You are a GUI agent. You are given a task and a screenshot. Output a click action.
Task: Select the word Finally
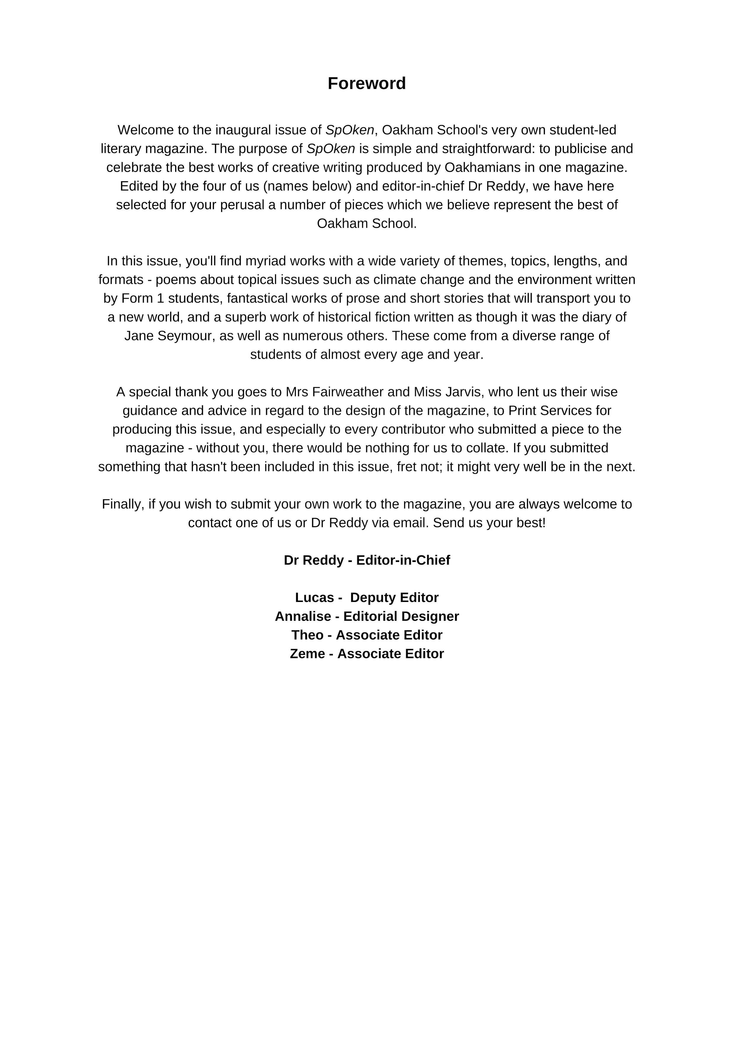pos(122,504)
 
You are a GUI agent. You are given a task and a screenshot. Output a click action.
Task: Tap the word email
pos(411,523)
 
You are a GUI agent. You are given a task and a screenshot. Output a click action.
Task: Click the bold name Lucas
pos(314,598)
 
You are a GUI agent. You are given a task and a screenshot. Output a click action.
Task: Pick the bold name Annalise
pos(303,616)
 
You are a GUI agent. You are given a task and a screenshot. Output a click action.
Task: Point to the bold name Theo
pos(307,635)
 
